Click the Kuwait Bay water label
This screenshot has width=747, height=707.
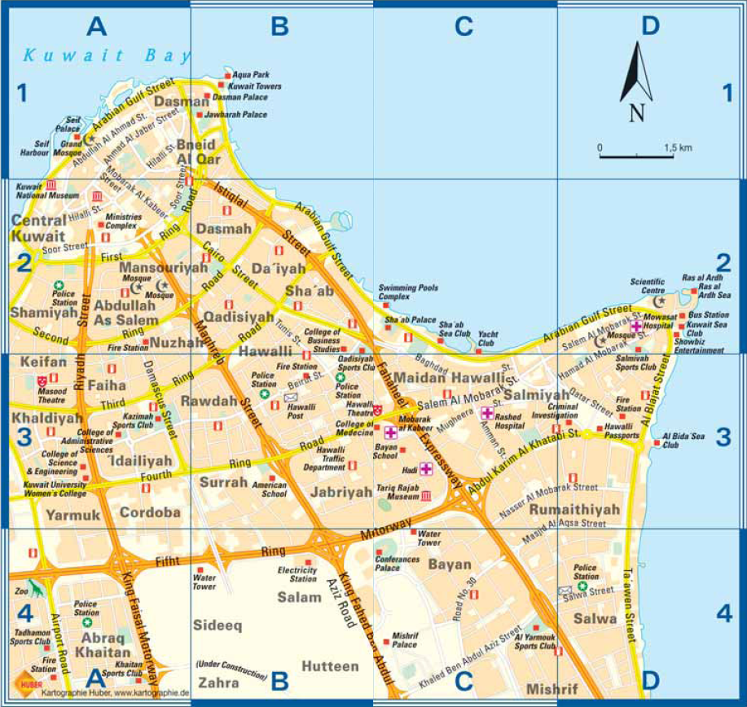(106, 56)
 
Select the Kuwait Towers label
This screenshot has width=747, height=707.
(255, 86)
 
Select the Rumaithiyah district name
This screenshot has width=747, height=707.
(574, 510)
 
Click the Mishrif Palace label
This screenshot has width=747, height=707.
(404, 639)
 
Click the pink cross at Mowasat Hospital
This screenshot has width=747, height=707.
(635, 326)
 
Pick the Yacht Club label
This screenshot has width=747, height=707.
(487, 339)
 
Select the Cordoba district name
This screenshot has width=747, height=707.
(150, 513)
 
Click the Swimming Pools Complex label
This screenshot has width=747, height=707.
(408, 292)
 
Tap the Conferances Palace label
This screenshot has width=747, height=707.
(398, 564)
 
